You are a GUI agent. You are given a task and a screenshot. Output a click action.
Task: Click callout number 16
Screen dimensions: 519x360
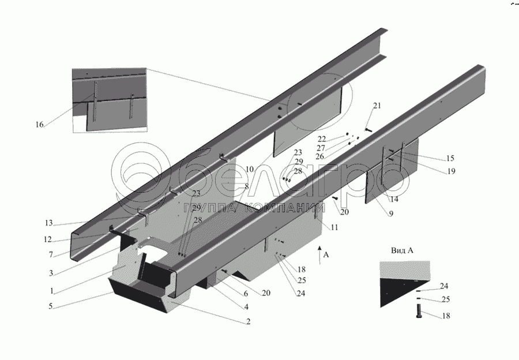click(x=39, y=124)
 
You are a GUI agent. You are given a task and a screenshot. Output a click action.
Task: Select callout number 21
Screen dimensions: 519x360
click(x=377, y=106)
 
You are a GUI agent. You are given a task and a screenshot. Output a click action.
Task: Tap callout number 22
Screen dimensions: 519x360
click(x=322, y=139)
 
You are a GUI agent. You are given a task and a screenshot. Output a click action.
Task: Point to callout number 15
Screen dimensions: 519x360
click(x=450, y=158)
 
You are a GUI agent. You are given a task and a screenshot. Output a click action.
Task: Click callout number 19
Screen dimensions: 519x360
click(x=451, y=171)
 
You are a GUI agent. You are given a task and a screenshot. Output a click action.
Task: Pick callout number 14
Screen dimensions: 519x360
click(x=394, y=200)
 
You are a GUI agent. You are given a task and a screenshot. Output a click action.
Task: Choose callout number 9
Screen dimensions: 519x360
click(x=391, y=214)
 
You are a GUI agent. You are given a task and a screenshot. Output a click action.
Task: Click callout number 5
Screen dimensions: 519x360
click(x=52, y=306)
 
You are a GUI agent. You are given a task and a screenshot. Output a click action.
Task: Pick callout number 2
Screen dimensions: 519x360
click(x=249, y=321)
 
